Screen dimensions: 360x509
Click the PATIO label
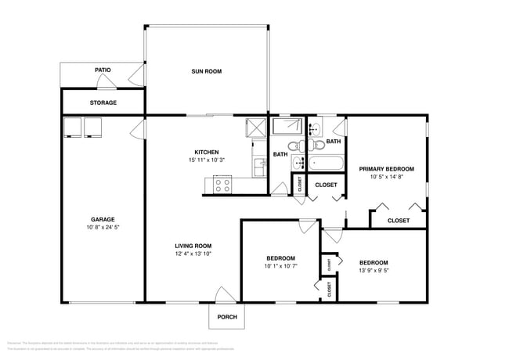[103, 70]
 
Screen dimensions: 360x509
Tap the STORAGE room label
[103, 103]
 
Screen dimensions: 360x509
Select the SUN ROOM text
[207, 71]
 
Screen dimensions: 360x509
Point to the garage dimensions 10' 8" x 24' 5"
[103, 228]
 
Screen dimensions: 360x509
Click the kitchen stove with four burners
[222, 185]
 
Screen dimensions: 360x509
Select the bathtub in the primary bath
[325, 164]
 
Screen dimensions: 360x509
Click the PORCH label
[227, 317]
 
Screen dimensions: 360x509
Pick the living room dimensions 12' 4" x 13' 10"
[193, 254]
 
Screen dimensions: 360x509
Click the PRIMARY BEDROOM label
[386, 169]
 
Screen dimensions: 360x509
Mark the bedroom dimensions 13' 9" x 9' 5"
[374, 271]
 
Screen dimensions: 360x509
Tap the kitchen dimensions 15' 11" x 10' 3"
[207, 160]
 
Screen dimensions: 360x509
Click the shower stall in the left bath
[286, 127]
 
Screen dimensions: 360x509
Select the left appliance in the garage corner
[72, 127]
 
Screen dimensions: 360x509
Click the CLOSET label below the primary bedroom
[399, 221]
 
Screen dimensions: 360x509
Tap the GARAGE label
[103, 219]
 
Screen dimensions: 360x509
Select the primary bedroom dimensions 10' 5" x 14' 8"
[386, 178]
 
